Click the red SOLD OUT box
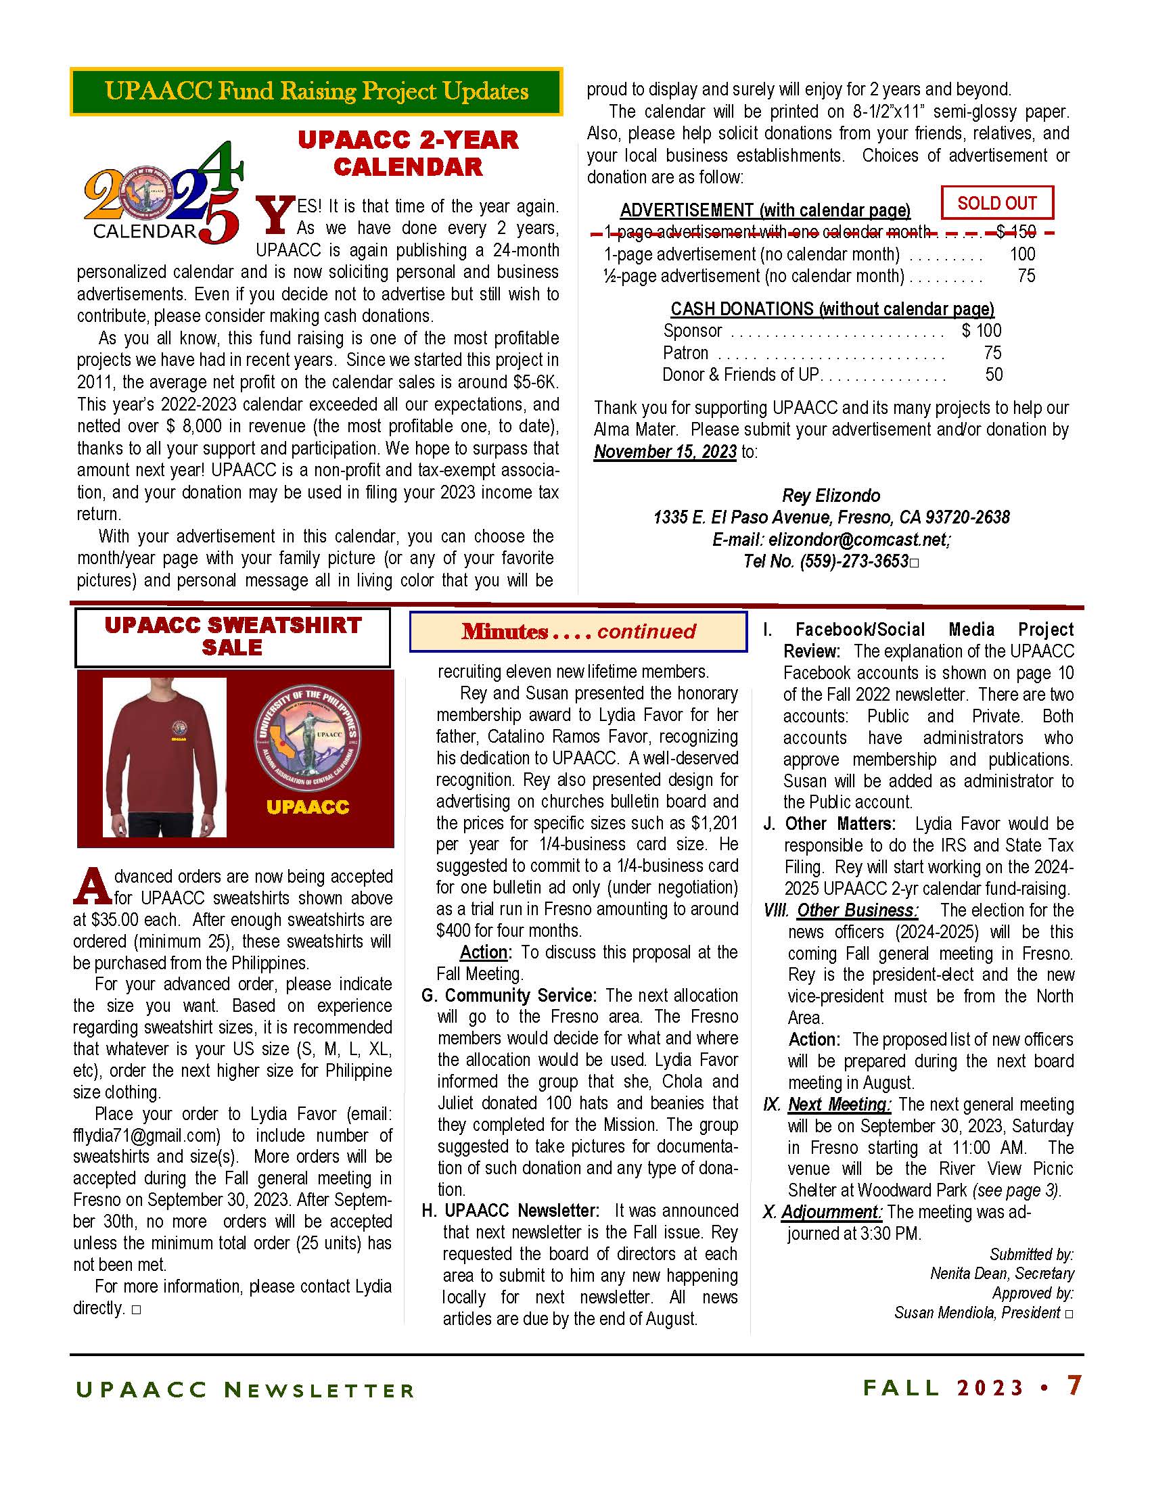[996, 203]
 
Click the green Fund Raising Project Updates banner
[317, 91]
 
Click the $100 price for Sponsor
[981, 331]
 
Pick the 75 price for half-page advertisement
[1026, 276]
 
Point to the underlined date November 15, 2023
[665, 452]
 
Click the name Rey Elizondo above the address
[831, 495]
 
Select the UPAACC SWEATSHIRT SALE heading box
[232, 636]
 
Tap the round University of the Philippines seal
[307, 738]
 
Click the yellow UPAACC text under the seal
[307, 807]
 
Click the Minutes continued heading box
[578, 631]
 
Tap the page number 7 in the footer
[1074, 1385]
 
